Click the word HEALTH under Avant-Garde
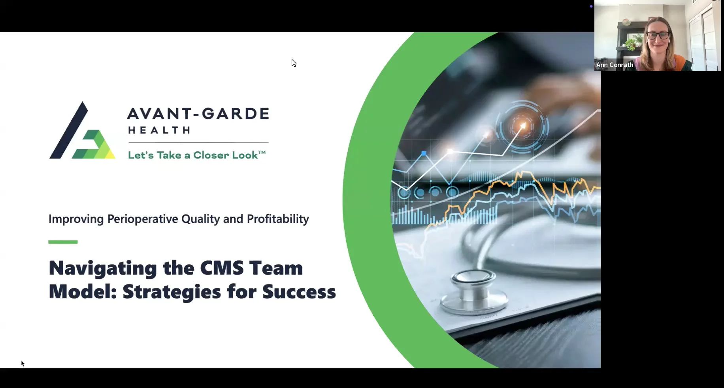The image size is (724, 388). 159,130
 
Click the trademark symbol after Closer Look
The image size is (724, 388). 262,153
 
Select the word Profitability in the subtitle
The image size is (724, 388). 278,219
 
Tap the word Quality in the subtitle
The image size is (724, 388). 200,219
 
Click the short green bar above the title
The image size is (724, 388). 63,242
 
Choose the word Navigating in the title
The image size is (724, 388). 102,269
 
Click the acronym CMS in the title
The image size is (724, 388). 222,268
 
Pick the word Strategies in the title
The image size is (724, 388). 172,292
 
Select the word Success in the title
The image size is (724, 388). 299,292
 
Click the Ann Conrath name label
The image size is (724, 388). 615,65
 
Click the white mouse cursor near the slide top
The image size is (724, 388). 294,63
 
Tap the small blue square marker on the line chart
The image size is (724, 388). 424,153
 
